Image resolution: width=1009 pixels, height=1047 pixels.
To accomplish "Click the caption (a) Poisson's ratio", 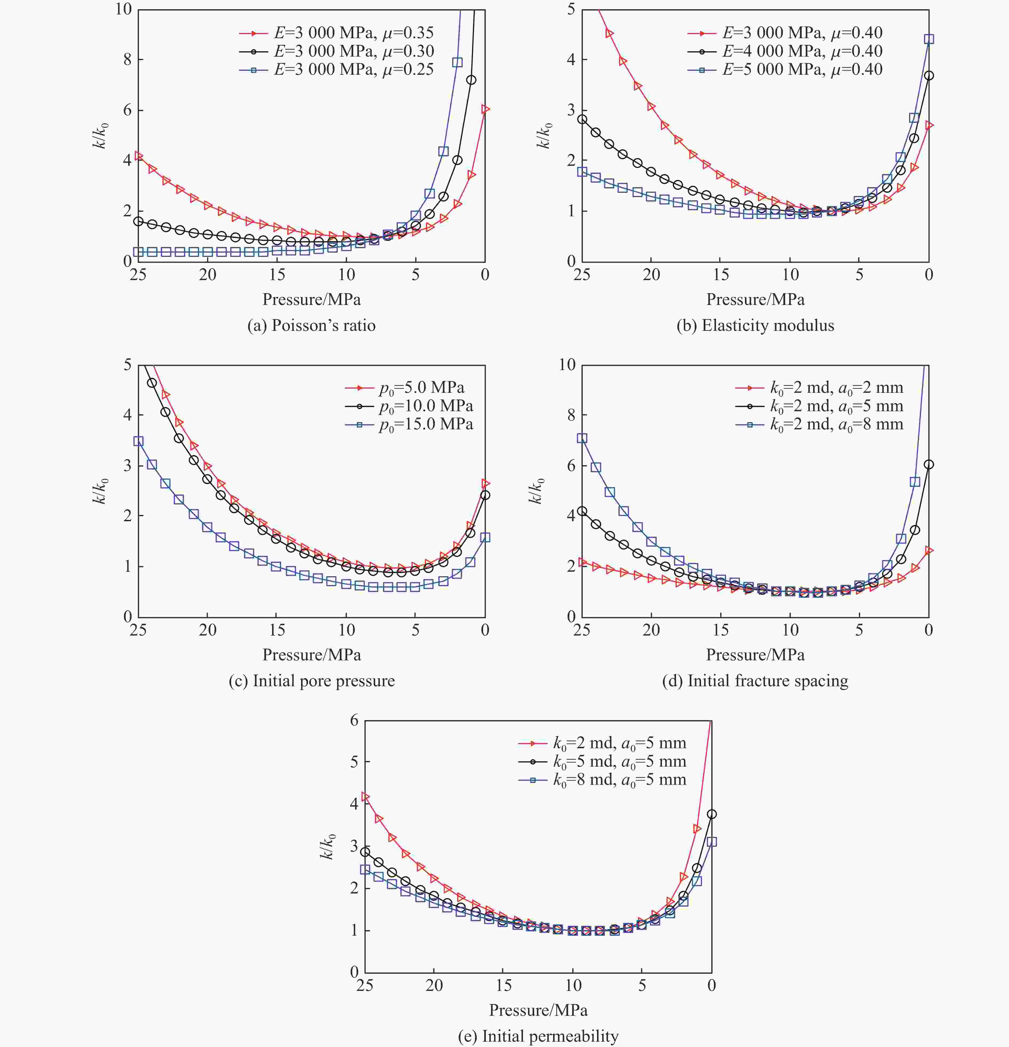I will (x=311, y=325).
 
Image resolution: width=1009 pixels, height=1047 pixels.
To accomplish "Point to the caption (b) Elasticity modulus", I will (x=755, y=325).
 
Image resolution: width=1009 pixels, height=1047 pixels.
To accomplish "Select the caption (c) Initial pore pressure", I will (x=311, y=681).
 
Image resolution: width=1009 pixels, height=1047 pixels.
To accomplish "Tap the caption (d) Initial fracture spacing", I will (x=755, y=681).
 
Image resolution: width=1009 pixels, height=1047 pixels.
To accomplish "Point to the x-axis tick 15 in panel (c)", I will (x=277, y=630).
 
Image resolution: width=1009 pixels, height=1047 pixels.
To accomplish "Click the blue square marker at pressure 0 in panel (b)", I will (x=929, y=39).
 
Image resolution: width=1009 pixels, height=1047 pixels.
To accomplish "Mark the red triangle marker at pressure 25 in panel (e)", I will (x=365, y=797).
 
